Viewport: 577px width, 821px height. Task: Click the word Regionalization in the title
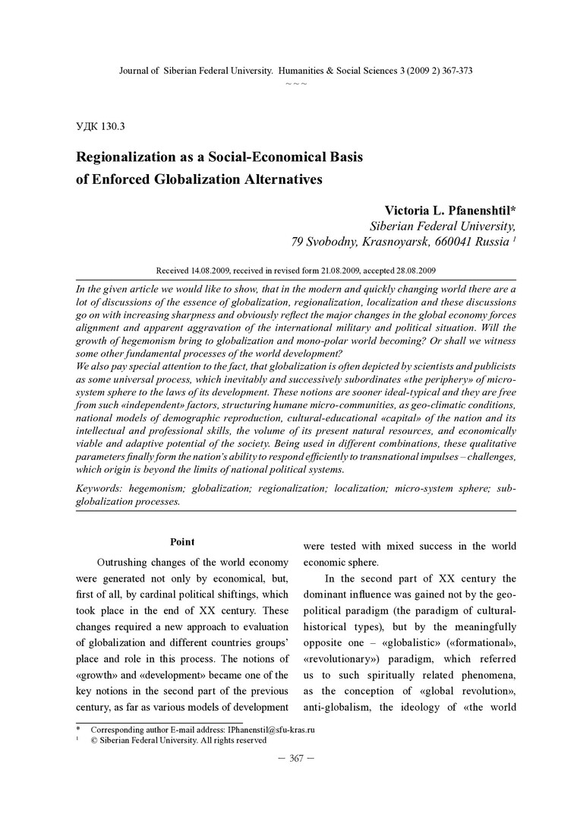[x=132, y=157]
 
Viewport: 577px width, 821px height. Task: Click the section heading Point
[x=182, y=542]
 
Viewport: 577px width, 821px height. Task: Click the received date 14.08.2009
[x=206, y=270]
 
